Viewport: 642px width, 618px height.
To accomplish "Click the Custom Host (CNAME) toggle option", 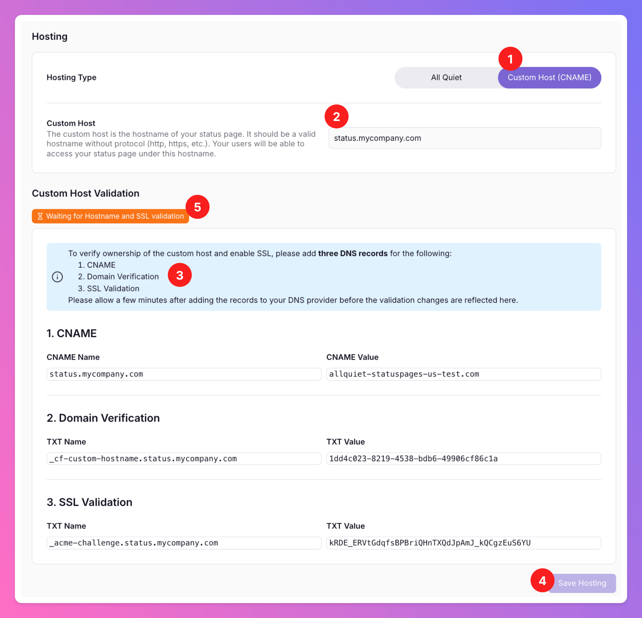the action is pos(549,78).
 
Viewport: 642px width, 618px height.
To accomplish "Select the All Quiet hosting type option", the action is pos(446,78).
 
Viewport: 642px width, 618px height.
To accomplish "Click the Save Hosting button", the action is pos(582,583).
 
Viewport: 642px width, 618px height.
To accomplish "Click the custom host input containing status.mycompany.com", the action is pos(465,138).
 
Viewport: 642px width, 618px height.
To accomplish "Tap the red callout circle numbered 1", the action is pos(510,59).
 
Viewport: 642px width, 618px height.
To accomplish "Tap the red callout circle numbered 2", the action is pos(336,116).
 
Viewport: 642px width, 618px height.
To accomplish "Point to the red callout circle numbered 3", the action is pos(180,275).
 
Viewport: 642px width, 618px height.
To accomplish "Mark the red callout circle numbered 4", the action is pos(543,580).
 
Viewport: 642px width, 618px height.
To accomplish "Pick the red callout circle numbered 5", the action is pos(197,207).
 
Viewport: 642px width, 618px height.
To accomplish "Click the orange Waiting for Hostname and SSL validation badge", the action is pos(110,216).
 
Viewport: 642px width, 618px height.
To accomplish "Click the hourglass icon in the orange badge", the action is pos(40,216).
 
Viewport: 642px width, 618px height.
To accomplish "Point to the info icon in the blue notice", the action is pos(57,277).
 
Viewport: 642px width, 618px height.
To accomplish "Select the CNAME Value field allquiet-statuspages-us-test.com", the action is pos(463,374).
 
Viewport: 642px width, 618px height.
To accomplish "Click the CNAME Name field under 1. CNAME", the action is pos(184,374).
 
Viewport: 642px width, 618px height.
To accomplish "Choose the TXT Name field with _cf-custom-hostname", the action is pos(184,459).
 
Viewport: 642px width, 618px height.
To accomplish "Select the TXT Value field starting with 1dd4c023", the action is pos(463,459).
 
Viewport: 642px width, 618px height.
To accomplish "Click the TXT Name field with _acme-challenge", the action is pos(184,543).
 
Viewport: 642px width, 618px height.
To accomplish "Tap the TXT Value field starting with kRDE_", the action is pos(463,543).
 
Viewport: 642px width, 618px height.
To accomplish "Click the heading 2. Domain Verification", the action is pos(103,418).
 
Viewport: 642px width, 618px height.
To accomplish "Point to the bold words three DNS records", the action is pos(353,253).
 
